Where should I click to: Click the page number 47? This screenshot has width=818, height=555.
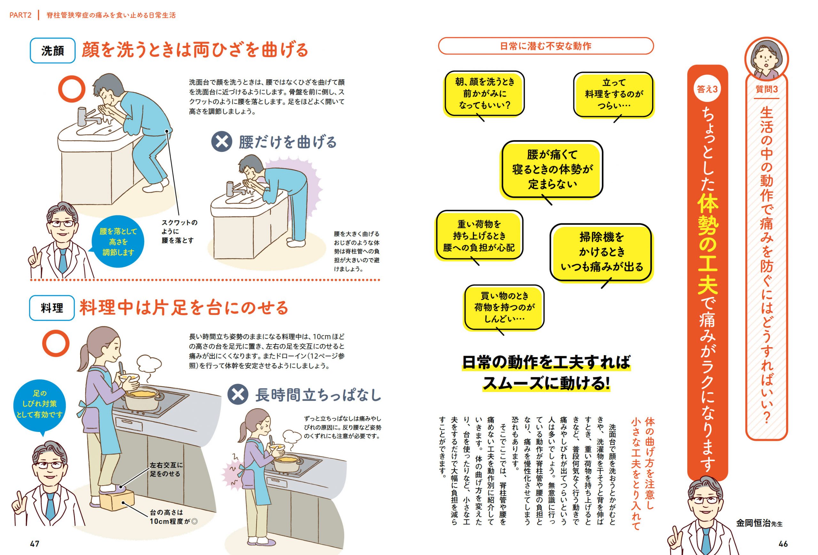coord(35,544)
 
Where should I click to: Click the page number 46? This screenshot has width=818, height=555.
coord(783,544)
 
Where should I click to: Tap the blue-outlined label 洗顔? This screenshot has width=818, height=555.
coord(52,51)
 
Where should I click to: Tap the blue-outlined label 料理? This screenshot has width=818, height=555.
coord(52,308)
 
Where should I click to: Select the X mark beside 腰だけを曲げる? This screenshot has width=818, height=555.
coord(221,142)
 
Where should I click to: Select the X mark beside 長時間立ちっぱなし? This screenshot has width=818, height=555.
coord(238,395)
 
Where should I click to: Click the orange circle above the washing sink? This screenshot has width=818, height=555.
coord(72,89)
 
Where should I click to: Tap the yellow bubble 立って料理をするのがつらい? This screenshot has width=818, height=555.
coord(613,94)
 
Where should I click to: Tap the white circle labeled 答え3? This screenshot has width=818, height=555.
coord(707,89)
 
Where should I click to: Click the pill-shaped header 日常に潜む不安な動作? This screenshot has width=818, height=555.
coord(545,46)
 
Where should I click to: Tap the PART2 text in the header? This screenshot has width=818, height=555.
coord(20,15)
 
